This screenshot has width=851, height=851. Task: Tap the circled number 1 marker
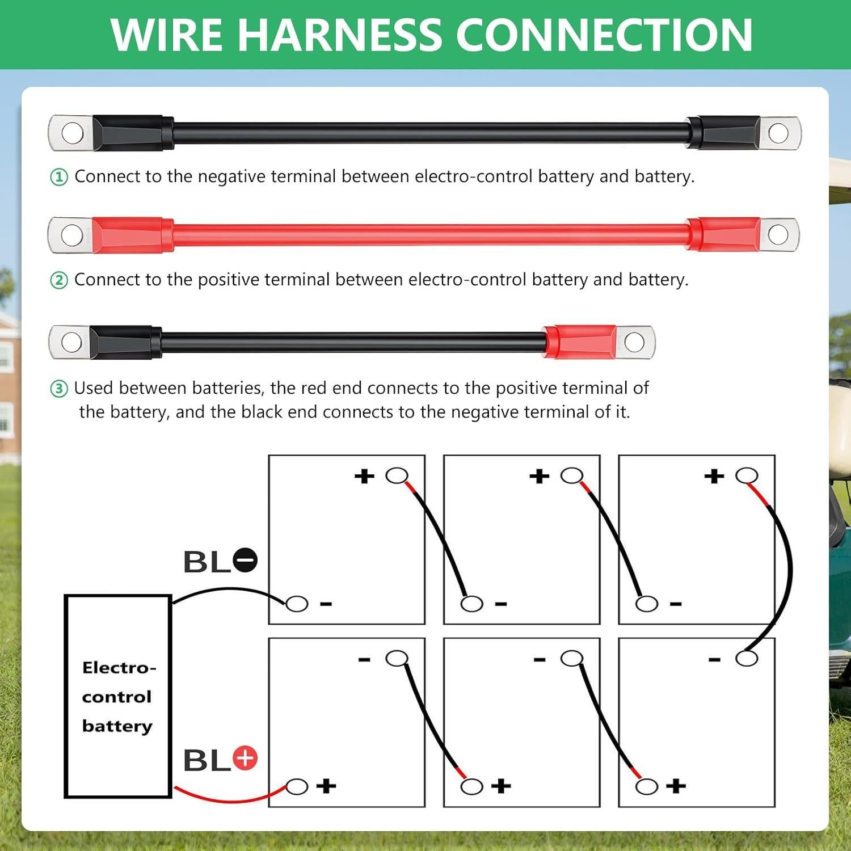59,177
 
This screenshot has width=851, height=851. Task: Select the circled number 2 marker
59,280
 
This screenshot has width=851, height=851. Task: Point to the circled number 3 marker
59,389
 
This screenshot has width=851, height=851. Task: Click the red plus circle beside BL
245,758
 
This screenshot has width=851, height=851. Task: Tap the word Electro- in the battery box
119,667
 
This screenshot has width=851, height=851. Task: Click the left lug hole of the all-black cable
72,133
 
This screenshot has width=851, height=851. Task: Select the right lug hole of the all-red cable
778,234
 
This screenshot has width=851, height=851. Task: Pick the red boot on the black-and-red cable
579,342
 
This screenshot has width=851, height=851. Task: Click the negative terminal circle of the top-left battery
297,604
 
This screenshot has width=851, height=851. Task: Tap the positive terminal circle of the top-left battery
397,475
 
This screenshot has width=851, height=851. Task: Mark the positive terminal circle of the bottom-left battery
297,787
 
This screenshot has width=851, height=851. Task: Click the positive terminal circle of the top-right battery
747,475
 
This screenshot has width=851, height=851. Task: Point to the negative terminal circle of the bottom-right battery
747,658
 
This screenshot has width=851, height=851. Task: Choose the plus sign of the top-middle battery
539,476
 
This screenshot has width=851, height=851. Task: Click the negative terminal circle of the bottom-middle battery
571,658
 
